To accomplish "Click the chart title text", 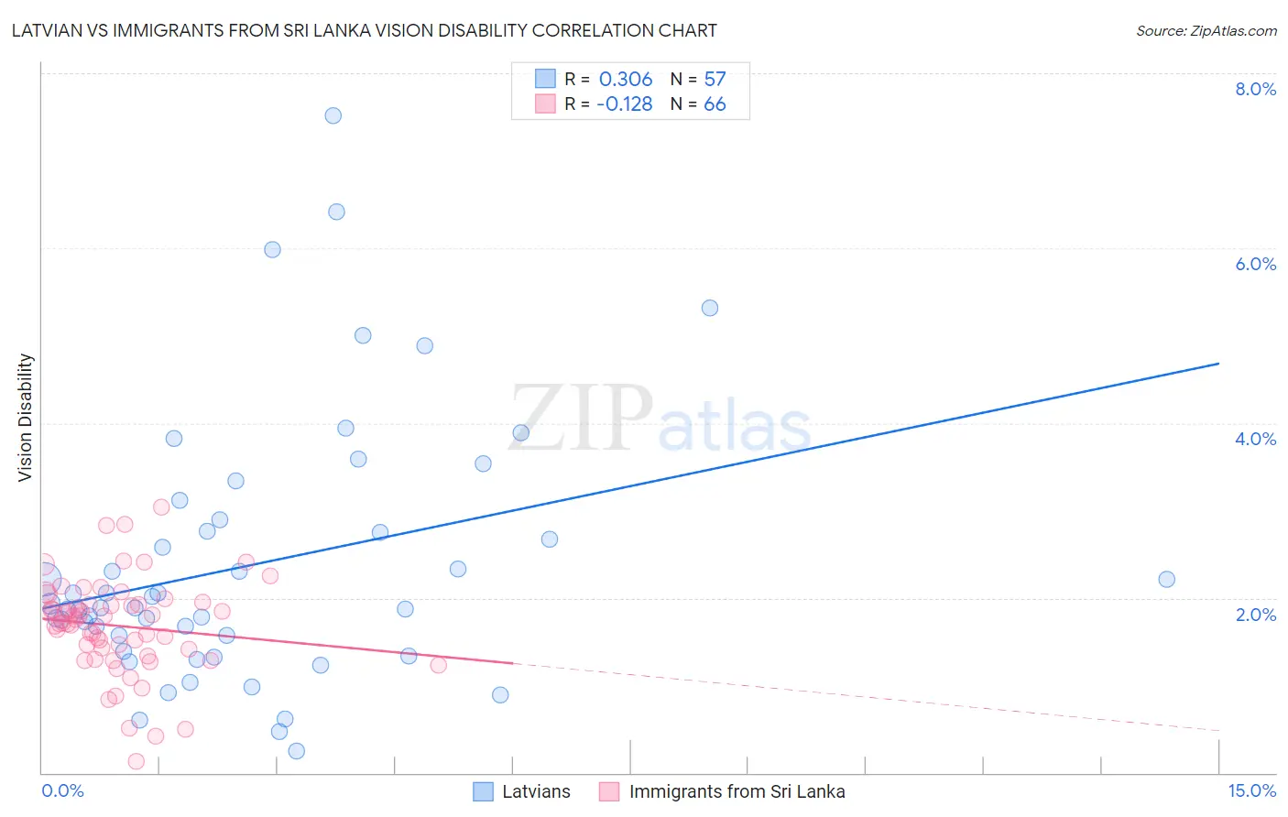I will point(364,30).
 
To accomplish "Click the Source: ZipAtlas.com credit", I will point(1206,30).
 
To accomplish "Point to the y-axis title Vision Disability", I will point(26,418).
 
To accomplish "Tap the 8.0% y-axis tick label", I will point(1255,89).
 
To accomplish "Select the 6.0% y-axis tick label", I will point(1255,264).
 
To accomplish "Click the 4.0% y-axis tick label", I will point(1255,439).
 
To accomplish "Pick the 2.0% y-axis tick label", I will point(1255,615).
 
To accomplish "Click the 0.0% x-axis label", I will point(62,790).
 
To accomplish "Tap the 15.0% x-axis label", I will point(1251,790).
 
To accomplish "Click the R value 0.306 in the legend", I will point(626,79).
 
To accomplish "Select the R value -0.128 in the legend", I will point(624,104).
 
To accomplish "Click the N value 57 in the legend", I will point(715,79).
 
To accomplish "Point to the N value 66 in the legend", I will point(715,104).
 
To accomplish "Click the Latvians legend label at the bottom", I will point(536,791).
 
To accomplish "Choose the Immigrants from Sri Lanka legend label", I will point(737,791).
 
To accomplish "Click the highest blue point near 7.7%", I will point(333,115).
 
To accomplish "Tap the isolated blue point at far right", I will point(1166,579).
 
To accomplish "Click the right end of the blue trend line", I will point(1218,364).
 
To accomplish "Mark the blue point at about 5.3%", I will point(710,308).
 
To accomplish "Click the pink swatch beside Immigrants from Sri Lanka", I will point(609,791).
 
